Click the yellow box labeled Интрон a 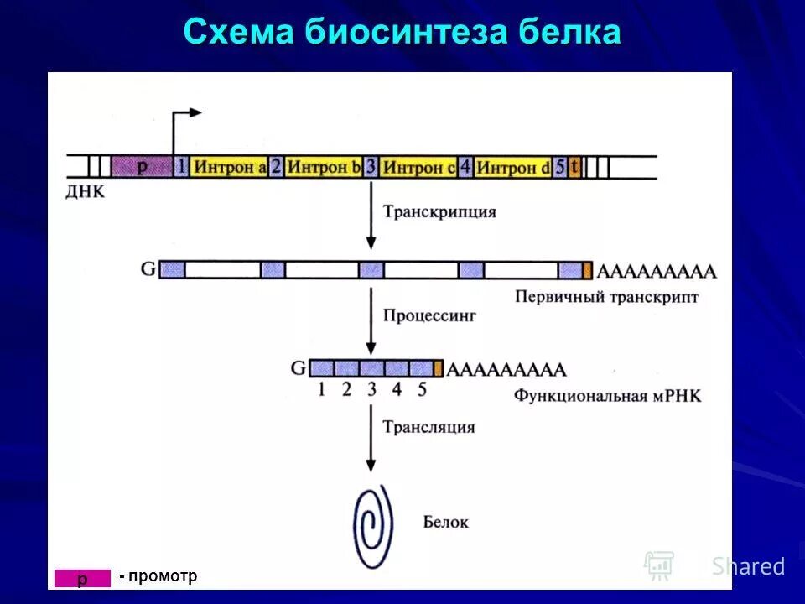point(229,166)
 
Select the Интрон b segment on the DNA point(323,166)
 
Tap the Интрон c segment point(418,166)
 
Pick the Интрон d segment point(512,166)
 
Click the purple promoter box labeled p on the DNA point(142,166)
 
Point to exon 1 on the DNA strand point(182,166)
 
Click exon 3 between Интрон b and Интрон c point(371,166)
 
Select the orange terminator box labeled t point(574,166)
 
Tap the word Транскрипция point(439,211)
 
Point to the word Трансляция point(428,427)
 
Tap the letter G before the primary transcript point(148,269)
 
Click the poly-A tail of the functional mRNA point(506,369)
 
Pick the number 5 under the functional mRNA point(422,389)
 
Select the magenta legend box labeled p point(82,578)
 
